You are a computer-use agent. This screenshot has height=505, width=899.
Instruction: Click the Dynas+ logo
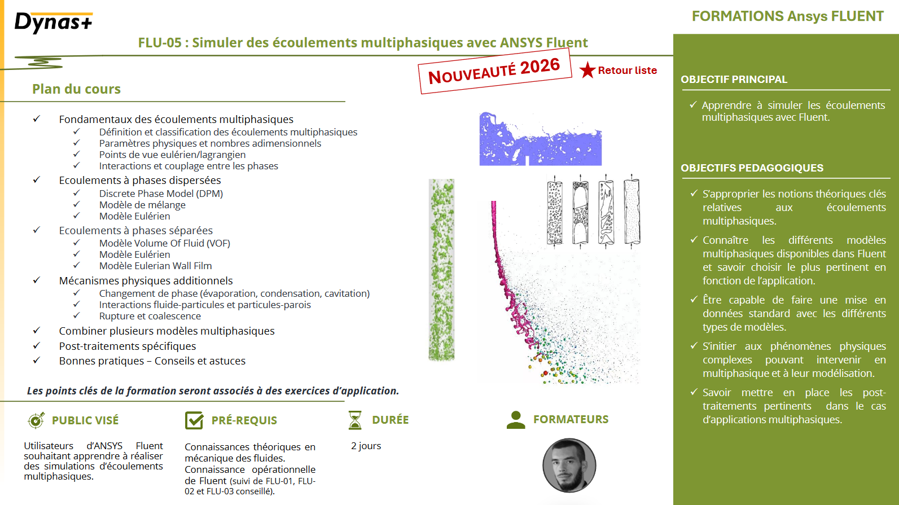pyautogui.click(x=54, y=23)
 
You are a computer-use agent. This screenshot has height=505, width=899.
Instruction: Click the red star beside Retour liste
pyautogui.click(x=587, y=70)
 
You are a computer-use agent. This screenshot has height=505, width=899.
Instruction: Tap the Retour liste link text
pyautogui.click(x=627, y=71)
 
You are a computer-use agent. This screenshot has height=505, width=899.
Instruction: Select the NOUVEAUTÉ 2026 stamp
pyautogui.click(x=494, y=71)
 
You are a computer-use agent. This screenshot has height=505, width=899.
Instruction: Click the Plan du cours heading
pyautogui.click(x=76, y=89)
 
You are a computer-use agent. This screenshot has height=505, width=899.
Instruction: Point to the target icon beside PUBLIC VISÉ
pyautogui.click(x=36, y=420)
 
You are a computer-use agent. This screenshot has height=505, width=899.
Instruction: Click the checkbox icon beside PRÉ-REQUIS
pyautogui.click(x=194, y=420)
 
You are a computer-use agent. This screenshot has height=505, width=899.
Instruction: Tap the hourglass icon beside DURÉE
pyautogui.click(x=355, y=420)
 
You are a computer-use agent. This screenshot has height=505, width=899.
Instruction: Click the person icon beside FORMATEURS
pyautogui.click(x=516, y=419)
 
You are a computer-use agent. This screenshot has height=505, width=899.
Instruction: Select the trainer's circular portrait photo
pyautogui.click(x=569, y=466)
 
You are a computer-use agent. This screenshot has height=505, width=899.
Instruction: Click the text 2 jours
pyautogui.click(x=366, y=446)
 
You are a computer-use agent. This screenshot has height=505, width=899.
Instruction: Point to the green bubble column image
pyautogui.click(x=441, y=270)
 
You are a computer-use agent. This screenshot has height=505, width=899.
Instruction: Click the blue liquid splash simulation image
pyautogui.click(x=540, y=139)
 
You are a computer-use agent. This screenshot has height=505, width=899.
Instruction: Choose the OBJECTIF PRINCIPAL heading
pyautogui.click(x=734, y=80)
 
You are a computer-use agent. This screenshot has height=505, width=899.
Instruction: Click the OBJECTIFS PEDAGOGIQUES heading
pyautogui.click(x=752, y=168)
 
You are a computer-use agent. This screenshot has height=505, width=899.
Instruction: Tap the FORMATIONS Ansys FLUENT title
pyautogui.click(x=787, y=16)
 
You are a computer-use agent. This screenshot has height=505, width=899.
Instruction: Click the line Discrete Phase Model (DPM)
pyautogui.click(x=161, y=194)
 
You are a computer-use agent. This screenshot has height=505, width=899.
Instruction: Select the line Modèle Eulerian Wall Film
pyautogui.click(x=155, y=266)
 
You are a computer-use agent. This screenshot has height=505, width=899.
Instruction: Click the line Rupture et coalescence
pyautogui.click(x=150, y=316)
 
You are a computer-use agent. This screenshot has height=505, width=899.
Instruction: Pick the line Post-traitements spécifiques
pyautogui.click(x=128, y=346)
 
